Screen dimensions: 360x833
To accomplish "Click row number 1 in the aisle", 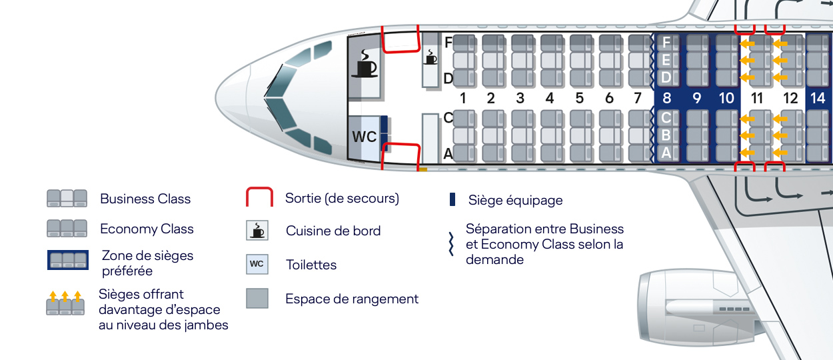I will (462, 99).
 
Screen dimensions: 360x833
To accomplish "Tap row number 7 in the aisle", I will (638, 99).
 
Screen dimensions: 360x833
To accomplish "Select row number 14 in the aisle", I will (818, 99).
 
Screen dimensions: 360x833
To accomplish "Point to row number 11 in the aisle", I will (756, 99).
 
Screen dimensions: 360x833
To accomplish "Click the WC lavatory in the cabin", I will (364, 137).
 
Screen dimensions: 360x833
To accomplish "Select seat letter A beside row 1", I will (448, 154).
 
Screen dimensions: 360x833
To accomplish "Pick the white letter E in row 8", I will (666, 60).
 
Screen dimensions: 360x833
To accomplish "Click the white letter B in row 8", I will (666, 135).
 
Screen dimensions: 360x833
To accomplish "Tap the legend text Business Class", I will (145, 199).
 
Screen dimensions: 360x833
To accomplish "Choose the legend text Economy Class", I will (147, 229).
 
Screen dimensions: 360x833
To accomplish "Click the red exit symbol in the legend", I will (260, 198).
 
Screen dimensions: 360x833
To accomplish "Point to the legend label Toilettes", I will (311, 265).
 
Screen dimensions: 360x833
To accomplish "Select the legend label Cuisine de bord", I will (333, 231).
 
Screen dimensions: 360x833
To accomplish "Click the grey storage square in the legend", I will (257, 298).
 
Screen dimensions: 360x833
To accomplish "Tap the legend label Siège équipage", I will (515, 200).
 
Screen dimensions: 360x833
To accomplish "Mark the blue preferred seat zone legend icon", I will (67, 260).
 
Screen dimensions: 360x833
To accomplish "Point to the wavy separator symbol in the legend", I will (451, 245).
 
